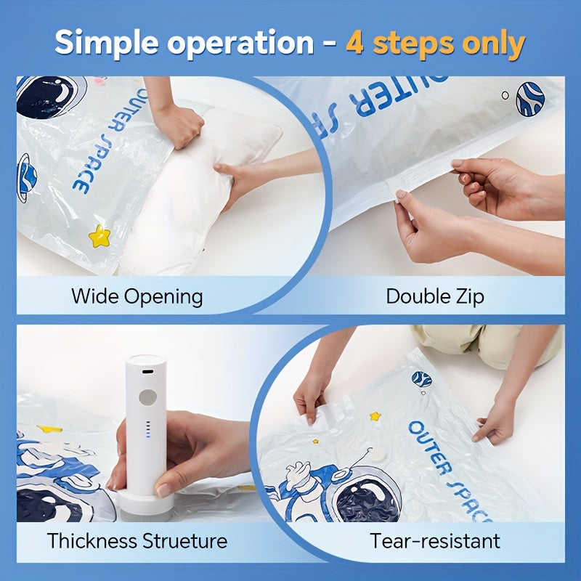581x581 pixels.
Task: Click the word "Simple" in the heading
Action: pyautogui.click(x=107, y=44)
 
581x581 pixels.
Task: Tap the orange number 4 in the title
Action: pyautogui.click(x=354, y=42)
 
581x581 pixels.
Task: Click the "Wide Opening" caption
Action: pyautogui.click(x=137, y=297)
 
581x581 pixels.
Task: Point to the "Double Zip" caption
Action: pyautogui.click(x=435, y=297)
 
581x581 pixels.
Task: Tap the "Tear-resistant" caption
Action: pyautogui.click(x=435, y=540)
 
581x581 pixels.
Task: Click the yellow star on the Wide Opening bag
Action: pyautogui.click(x=99, y=236)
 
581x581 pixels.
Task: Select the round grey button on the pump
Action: pyautogui.click(x=148, y=397)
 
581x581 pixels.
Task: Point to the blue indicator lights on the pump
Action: pyautogui.click(x=148, y=429)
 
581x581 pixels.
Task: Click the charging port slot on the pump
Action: pyautogui.click(x=148, y=372)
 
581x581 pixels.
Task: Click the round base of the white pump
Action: pyautogui.click(x=144, y=504)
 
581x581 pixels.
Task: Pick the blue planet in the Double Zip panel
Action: pyautogui.click(x=530, y=99)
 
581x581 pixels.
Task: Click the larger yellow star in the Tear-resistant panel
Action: pyautogui.click(x=375, y=416)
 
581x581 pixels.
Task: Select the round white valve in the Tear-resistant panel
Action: pyautogui.click(x=377, y=455)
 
